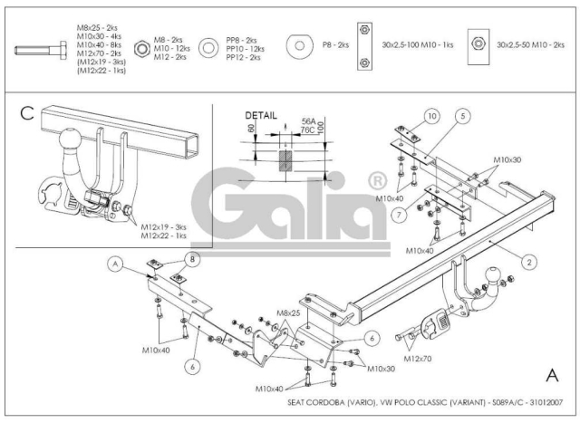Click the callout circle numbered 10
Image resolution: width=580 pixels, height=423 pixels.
click(431, 117)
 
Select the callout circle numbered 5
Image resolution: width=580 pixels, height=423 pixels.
click(463, 116)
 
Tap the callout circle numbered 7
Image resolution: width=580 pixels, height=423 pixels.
click(399, 215)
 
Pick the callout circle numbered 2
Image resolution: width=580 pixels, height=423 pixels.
click(529, 262)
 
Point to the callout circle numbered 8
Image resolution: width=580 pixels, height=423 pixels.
click(192, 259)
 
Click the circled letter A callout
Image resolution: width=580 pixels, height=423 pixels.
click(115, 264)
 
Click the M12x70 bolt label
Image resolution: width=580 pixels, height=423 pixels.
click(417, 359)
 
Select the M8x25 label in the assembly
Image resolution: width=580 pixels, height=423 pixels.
click(288, 313)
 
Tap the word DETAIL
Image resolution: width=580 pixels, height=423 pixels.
click(261, 115)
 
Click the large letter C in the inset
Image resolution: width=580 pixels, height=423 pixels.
click(27, 113)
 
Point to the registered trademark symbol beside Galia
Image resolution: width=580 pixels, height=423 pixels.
click(377, 181)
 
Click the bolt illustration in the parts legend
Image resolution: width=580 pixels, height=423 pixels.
click(41, 50)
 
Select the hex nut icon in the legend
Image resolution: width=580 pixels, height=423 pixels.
click(141, 48)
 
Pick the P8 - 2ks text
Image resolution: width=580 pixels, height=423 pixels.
click(335, 44)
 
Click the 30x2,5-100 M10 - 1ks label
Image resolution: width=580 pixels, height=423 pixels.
click(418, 44)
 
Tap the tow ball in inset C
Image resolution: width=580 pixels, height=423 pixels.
click(70, 139)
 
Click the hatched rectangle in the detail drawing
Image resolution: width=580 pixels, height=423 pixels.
click(285, 161)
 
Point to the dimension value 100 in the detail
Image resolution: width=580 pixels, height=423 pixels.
click(320, 128)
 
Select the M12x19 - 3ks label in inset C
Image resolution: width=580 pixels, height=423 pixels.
click(163, 227)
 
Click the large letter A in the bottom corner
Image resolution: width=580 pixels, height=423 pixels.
click(552, 375)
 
